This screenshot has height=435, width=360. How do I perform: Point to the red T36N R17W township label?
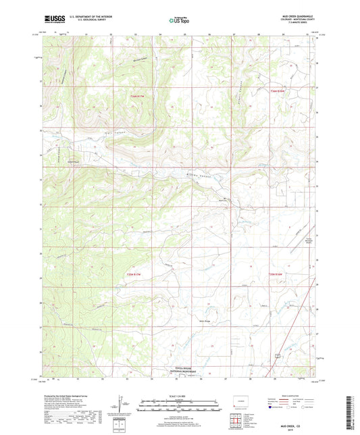click(x=138, y=96)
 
